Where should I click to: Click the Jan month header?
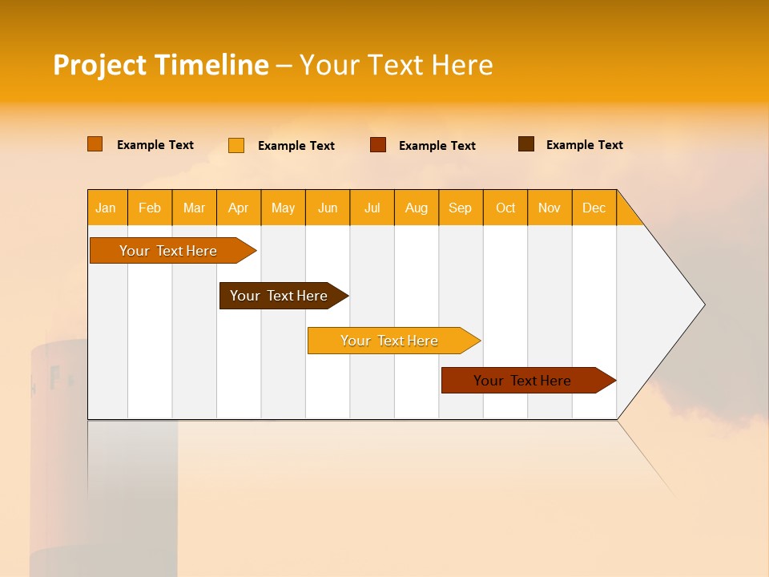(x=107, y=208)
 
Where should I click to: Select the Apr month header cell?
(x=239, y=208)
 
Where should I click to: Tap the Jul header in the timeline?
(x=372, y=208)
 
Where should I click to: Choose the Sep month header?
(x=460, y=208)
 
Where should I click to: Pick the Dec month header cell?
(x=594, y=208)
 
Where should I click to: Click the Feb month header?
(x=150, y=208)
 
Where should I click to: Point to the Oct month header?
(x=505, y=208)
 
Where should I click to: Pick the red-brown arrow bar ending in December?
(x=525, y=381)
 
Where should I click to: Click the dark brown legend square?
(x=526, y=144)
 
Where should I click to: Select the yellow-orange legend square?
(x=236, y=145)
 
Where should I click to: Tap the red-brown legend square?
(x=378, y=145)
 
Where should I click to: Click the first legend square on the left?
(x=95, y=144)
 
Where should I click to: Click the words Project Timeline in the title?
(x=161, y=65)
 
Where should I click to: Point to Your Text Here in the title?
(x=396, y=65)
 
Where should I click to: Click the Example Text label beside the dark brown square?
(x=584, y=145)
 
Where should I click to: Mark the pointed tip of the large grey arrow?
(x=703, y=305)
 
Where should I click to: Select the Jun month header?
(x=328, y=208)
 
